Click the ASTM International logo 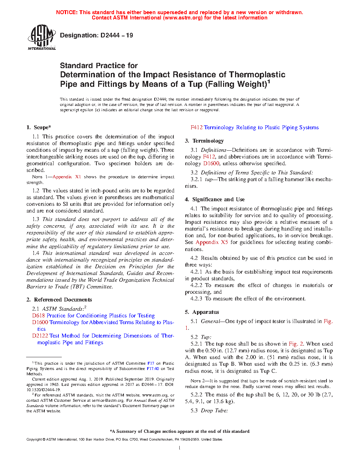click(42, 37)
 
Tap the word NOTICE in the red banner click(67, 12)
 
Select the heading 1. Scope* click(39, 127)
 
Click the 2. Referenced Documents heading click(59, 300)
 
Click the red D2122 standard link click(40, 336)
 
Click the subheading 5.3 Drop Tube click(209, 411)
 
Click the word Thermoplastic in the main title click(257, 75)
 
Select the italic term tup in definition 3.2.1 click(209, 179)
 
